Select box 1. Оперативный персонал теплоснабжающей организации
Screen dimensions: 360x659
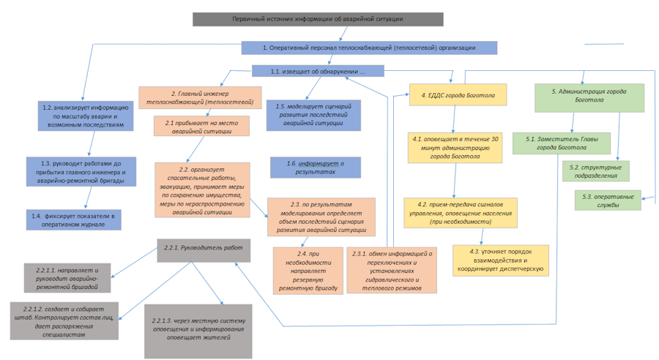pyautogui.click(x=369, y=48)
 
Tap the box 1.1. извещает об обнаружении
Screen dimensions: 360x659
pyautogui.click(x=318, y=71)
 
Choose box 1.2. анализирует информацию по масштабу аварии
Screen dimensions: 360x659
pyautogui.click(x=87, y=116)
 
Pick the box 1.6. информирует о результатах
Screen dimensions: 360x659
pyautogui.click(x=315, y=168)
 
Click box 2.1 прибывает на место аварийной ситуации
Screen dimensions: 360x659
pyautogui.click(x=201, y=127)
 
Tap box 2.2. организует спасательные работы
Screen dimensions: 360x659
pyautogui.click(x=202, y=190)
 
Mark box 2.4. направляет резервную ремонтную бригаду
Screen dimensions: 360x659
pyautogui.click(x=308, y=271)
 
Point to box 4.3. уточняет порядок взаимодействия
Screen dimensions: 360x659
pyautogui.click(x=500, y=259)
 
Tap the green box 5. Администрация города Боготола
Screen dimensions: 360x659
pyautogui.click(x=588, y=97)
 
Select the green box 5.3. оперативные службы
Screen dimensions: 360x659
pyautogui.click(x=608, y=200)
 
